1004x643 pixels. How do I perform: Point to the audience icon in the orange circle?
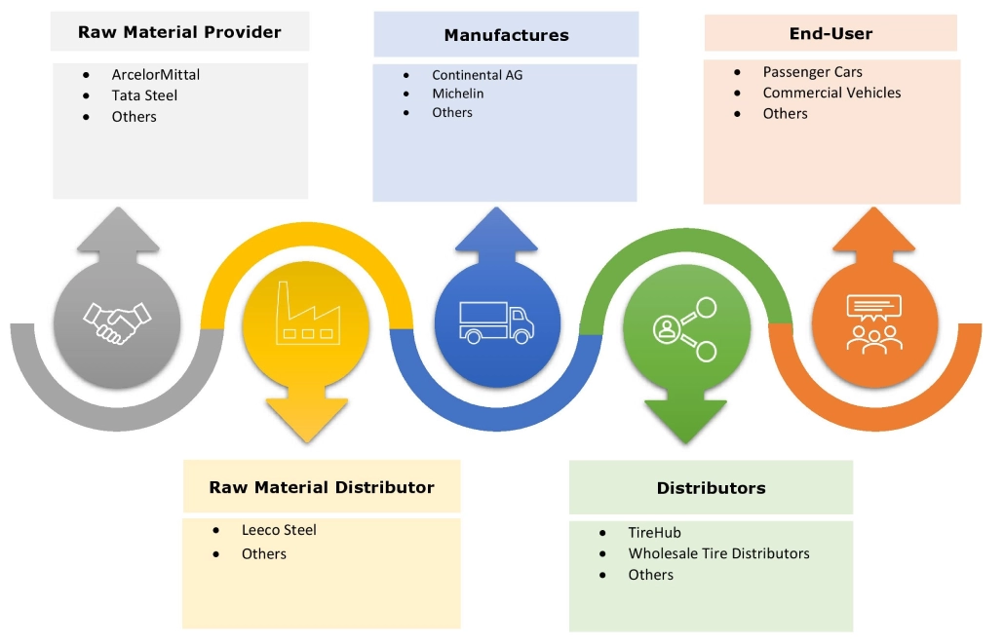point(874,322)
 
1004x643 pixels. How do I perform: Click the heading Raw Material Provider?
point(179,32)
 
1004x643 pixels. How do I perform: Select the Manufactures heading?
point(506,35)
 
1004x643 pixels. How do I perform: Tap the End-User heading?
point(830,34)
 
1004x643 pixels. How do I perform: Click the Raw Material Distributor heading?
point(322,487)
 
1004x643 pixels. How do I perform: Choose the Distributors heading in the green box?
point(711,488)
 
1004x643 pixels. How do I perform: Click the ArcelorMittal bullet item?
point(156,74)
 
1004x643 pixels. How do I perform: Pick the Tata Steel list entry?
point(144,95)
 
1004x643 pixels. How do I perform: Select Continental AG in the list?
point(478,74)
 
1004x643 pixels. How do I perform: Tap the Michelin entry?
point(458,94)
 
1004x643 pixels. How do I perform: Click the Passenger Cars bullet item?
point(812,72)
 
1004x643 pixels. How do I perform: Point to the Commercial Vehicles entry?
point(831,93)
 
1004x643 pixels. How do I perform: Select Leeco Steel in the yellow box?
point(279,530)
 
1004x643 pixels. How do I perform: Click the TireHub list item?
point(654,533)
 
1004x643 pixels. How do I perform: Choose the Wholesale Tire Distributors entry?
point(718,553)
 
